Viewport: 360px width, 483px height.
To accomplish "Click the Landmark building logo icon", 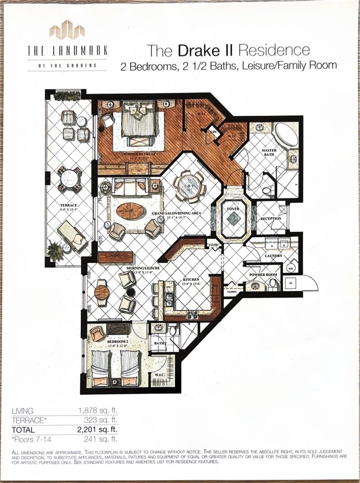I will point(66,30).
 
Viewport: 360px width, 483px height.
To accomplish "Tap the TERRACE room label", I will point(69,205).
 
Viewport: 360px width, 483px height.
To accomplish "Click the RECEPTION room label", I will point(271,218).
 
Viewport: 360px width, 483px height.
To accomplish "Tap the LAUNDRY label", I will point(273,255).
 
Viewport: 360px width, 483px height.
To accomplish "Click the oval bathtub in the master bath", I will point(285,134).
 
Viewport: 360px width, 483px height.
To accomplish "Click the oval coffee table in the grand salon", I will point(131,211).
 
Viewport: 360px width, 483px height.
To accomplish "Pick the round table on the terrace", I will point(69,178).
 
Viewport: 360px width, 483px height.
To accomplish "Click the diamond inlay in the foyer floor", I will point(233,219).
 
